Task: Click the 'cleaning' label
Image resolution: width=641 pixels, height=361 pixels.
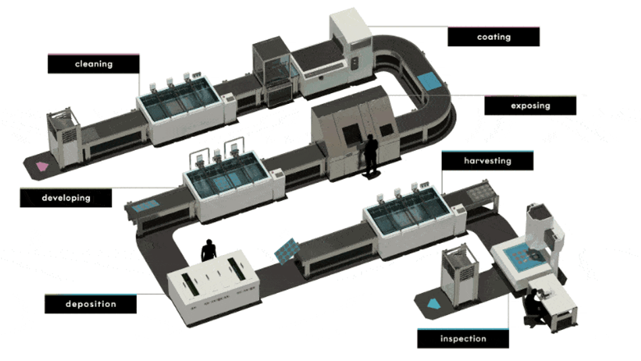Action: (94, 64)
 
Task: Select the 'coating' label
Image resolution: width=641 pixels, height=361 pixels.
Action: (493, 37)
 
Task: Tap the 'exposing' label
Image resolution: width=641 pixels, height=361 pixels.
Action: (530, 106)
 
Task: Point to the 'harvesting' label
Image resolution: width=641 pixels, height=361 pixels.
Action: (487, 161)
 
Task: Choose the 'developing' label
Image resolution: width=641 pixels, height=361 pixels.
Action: (65, 198)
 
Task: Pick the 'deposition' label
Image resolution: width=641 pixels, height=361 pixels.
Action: (90, 304)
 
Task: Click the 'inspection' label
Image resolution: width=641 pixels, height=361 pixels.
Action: (463, 338)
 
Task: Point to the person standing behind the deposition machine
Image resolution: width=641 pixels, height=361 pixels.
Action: (209, 250)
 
